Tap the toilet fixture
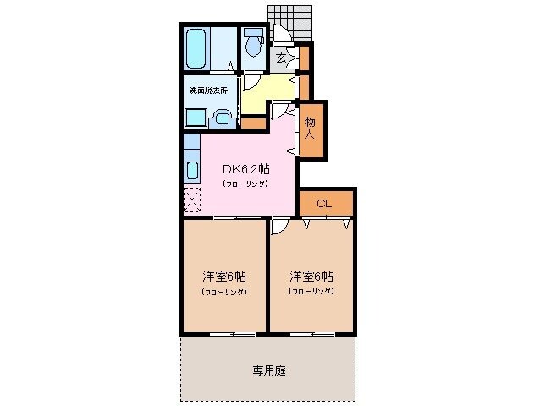tap(253, 45)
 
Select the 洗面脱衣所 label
tap(207, 90)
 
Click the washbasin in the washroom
tap(223, 118)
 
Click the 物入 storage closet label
tap(310, 128)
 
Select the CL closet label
tap(323, 204)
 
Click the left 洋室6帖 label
tap(223, 277)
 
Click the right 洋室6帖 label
tap(311, 277)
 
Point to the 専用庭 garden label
tap(268, 370)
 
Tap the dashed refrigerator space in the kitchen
tap(192, 200)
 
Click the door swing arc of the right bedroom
tap(278, 227)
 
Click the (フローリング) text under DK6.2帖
tap(245, 184)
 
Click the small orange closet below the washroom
tap(253, 123)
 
